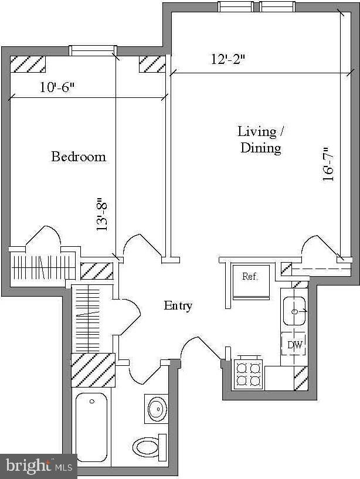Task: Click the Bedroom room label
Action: click(x=79, y=157)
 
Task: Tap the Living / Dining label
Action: click(x=261, y=139)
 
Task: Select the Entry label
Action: click(x=178, y=305)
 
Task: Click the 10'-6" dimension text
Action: click(x=57, y=87)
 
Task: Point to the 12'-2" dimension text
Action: click(x=227, y=59)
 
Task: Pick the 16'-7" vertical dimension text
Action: click(x=330, y=165)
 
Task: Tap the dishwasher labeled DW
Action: click(x=294, y=345)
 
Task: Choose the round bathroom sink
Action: click(x=157, y=407)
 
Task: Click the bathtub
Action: click(x=91, y=427)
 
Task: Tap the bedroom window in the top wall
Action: click(x=93, y=51)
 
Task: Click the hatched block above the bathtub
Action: click(x=93, y=371)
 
